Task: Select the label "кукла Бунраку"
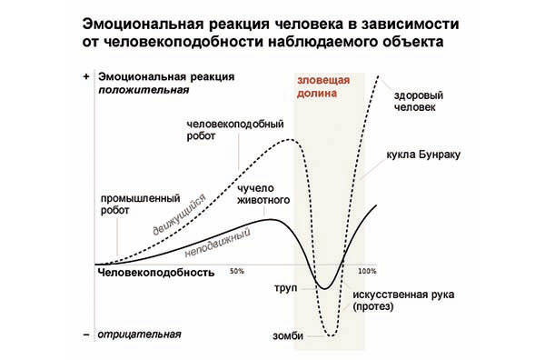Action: pyautogui.click(x=425, y=155)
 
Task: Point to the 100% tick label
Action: pyautogui.click(x=367, y=271)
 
